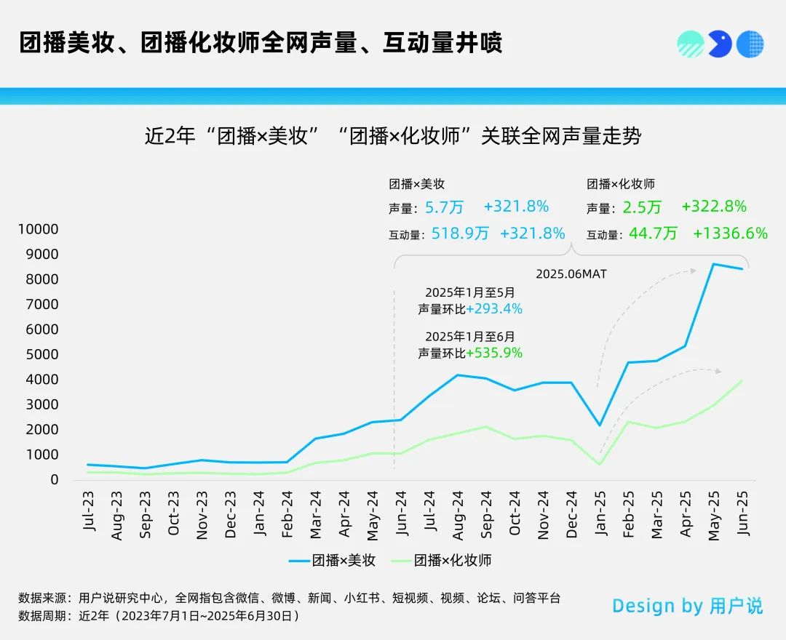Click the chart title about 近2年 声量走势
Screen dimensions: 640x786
(x=393, y=137)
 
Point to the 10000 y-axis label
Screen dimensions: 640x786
(x=39, y=229)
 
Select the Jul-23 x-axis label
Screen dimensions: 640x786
(x=90, y=508)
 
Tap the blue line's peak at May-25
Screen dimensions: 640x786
(x=713, y=264)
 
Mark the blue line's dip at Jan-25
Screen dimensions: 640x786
(x=600, y=425)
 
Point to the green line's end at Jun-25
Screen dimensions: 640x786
(x=742, y=380)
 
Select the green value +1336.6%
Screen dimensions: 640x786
(x=730, y=233)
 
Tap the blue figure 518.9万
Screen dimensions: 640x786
(x=460, y=233)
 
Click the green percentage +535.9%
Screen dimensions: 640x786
(x=495, y=353)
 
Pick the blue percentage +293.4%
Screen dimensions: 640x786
(x=495, y=309)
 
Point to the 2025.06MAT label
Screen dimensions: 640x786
(x=571, y=274)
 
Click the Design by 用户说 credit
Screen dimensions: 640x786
(x=687, y=606)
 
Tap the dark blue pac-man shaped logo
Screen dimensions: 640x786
(x=719, y=44)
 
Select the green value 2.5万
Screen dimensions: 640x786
(x=642, y=207)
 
